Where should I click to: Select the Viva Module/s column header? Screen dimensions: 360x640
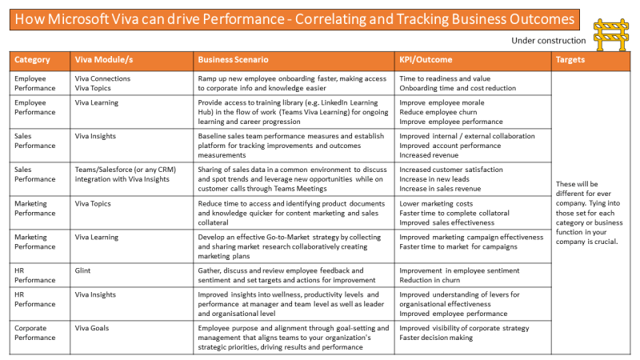(x=105, y=60)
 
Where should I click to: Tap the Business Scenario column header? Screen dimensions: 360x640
(x=233, y=60)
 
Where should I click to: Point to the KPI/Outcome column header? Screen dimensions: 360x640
(x=426, y=60)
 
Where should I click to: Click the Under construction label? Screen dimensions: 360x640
(x=548, y=40)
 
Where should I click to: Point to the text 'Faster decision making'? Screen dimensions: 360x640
(x=436, y=338)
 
